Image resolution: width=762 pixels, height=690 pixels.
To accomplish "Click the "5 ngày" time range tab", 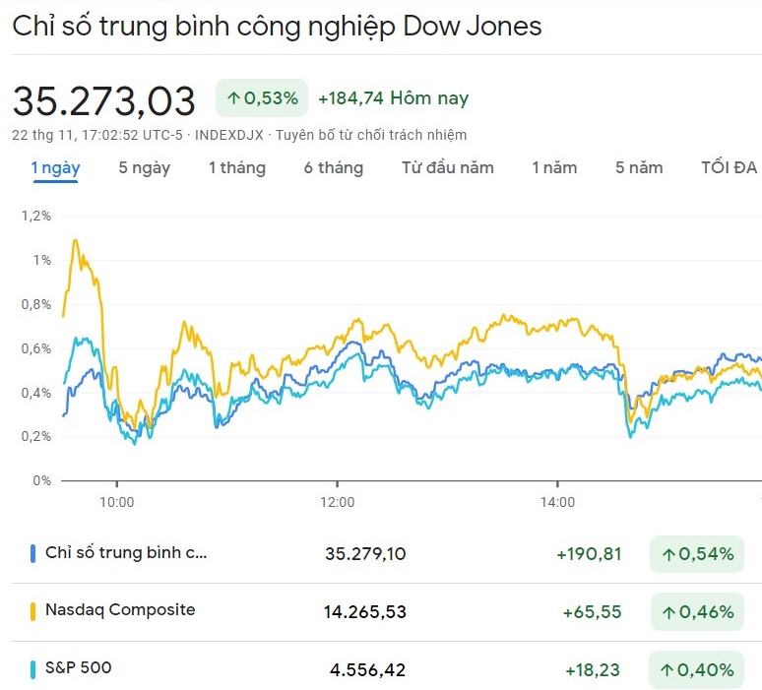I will pyautogui.click(x=144, y=167).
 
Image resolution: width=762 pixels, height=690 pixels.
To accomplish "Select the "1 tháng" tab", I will pyautogui.click(x=236, y=167).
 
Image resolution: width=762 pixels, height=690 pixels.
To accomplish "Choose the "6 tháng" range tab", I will pyautogui.click(x=333, y=167).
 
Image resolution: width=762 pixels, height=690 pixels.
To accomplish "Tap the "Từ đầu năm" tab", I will pyautogui.click(x=447, y=167).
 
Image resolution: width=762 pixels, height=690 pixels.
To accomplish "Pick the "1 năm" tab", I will pyautogui.click(x=554, y=167).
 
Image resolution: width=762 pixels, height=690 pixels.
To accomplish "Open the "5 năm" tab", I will pyautogui.click(x=639, y=167).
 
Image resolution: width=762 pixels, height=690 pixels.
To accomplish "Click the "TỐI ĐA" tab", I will pyautogui.click(x=729, y=167).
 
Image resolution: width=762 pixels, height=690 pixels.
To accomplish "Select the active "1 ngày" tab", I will pyautogui.click(x=55, y=167).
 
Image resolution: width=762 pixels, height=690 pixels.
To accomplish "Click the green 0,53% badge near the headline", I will pyautogui.click(x=262, y=98).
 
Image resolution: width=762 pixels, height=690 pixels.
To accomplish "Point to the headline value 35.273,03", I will pyautogui.click(x=103, y=99).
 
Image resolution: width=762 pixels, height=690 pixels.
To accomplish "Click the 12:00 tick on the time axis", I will pyautogui.click(x=338, y=502).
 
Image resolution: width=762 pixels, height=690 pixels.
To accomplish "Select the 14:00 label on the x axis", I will pyautogui.click(x=558, y=502).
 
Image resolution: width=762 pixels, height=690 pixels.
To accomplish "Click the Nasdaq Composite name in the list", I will pyautogui.click(x=120, y=609).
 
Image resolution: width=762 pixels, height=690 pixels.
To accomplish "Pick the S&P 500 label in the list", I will pyautogui.click(x=78, y=667).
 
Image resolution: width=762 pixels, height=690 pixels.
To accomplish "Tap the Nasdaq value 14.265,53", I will pyautogui.click(x=364, y=612).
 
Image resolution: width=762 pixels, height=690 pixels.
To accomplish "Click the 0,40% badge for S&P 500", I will pyautogui.click(x=697, y=670).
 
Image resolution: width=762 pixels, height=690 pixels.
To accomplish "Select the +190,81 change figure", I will pyautogui.click(x=589, y=554).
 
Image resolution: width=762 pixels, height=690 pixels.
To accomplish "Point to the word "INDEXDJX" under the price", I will pyautogui.click(x=229, y=135).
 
